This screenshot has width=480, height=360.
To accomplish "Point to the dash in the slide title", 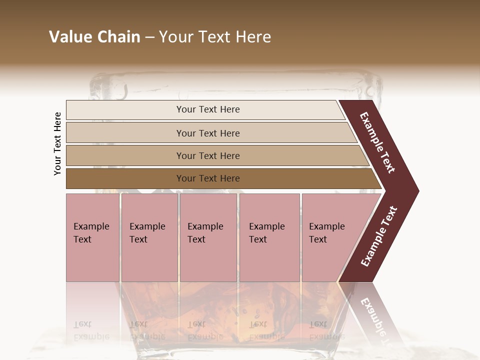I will point(149,37).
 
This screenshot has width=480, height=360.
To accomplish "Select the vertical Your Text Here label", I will point(57,143).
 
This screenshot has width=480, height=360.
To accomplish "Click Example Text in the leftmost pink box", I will point(91,233).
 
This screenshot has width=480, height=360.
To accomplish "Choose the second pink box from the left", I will point(149,238).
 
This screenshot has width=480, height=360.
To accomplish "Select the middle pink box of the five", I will point(208,238).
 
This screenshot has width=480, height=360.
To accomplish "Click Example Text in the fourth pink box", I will point(266,233).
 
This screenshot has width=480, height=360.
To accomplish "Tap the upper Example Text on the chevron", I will point(377,142).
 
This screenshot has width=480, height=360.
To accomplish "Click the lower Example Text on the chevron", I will point(379,236).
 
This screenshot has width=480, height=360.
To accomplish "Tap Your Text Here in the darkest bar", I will point(208,178).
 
